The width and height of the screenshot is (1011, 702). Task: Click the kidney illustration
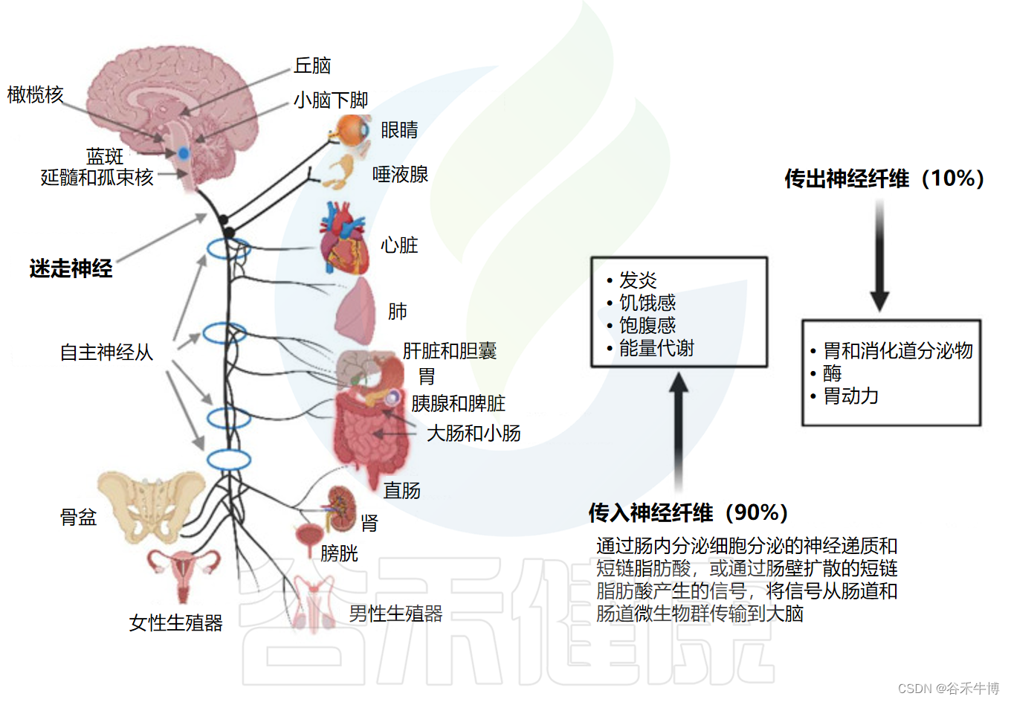tap(342, 507)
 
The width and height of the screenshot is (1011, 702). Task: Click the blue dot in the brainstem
tap(183, 153)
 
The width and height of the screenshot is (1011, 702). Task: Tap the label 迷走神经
tap(71, 268)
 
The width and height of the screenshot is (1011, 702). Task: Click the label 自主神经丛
tap(106, 352)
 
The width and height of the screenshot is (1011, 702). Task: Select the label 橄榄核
tap(35, 94)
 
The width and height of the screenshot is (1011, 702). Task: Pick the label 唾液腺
tap(400, 175)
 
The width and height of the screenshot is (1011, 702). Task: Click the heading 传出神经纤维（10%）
tap(884, 178)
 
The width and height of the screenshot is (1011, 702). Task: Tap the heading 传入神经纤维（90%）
tap(688, 512)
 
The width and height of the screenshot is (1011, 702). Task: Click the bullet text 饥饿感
tap(647, 303)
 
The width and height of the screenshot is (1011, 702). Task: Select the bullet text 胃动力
tap(850, 396)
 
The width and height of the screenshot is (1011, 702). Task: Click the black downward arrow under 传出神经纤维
tap(880, 257)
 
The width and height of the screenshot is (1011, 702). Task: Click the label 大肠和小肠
tap(474, 433)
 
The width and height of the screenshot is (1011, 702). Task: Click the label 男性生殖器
tap(395, 614)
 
